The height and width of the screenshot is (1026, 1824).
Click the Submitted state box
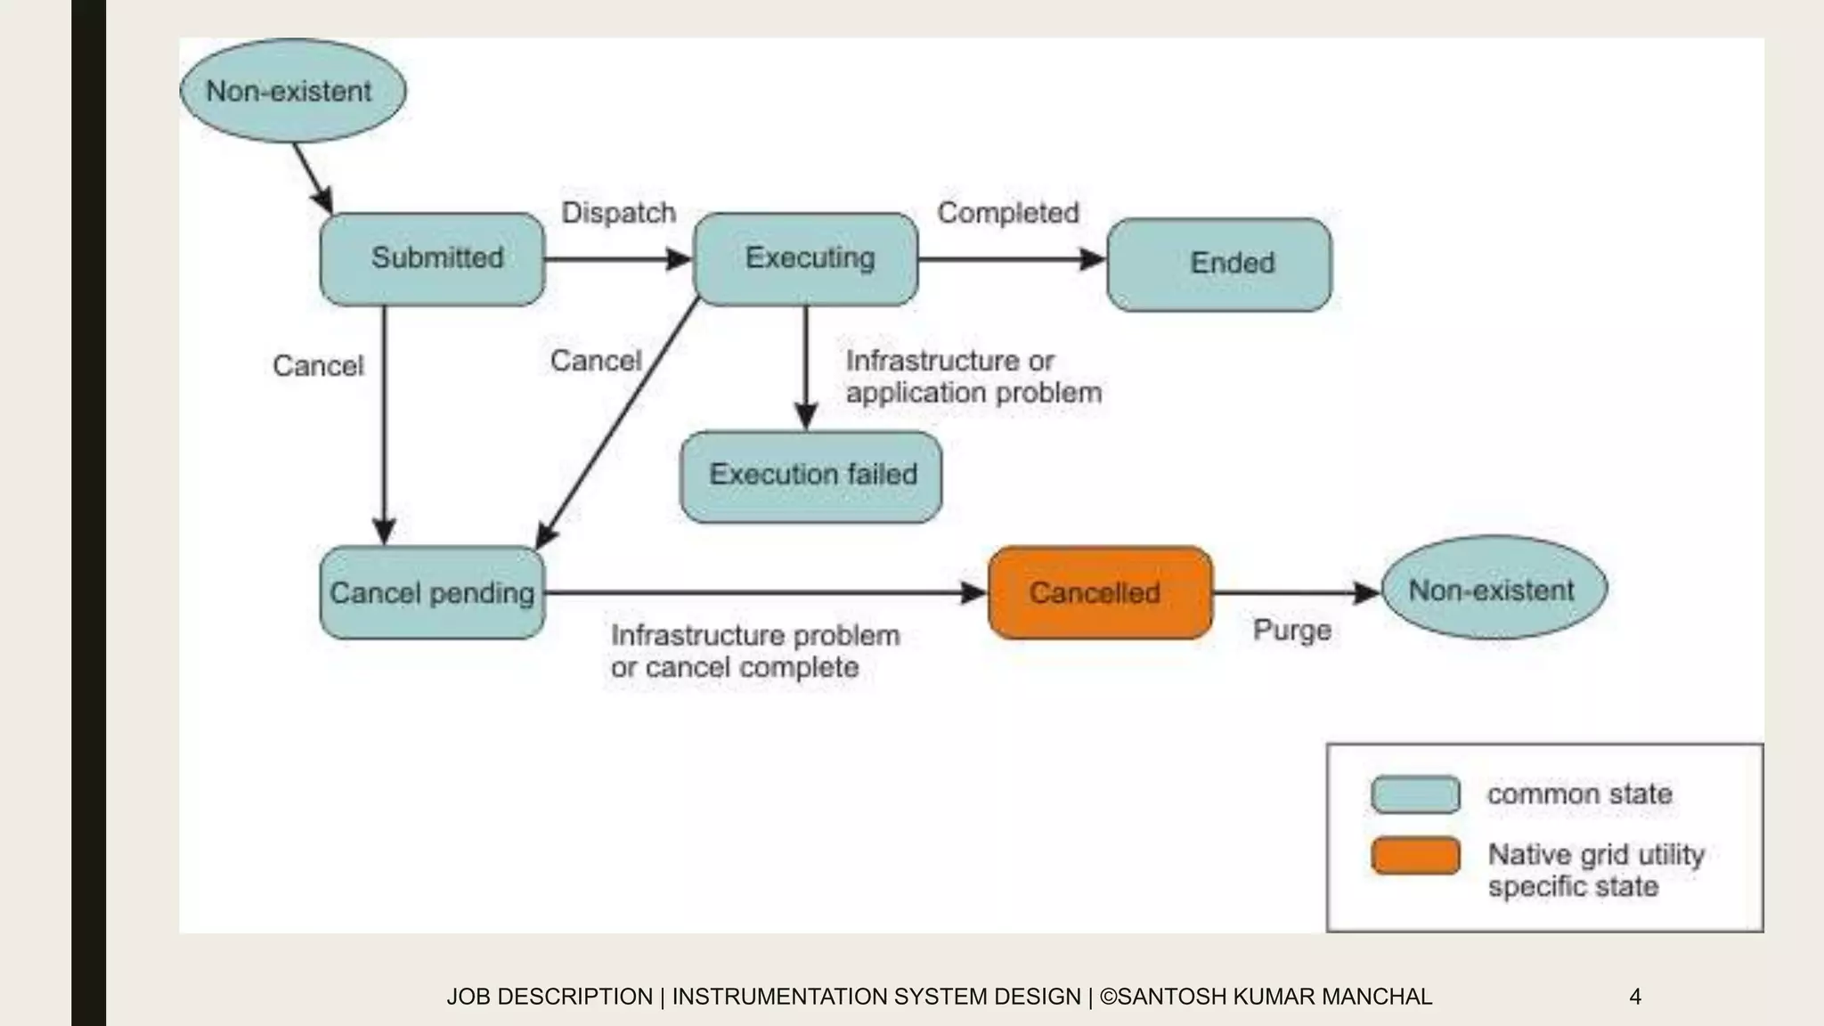coord(432,259)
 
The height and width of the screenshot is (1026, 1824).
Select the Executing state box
coord(806,259)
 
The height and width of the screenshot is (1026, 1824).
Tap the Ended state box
coord(1219,265)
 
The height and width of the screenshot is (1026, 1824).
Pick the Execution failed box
coord(810,476)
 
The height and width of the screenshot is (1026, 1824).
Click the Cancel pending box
coord(432,593)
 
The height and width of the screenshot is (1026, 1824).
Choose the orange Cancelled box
coord(1101,593)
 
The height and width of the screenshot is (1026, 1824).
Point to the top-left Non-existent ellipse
coord(293,91)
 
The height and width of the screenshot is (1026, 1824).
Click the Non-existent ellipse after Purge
coord(1494,589)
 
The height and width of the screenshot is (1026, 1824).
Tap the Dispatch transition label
coord(619,213)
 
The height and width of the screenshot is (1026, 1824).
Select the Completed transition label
coord(1008,213)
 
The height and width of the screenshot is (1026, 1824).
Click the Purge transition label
coord(1291,630)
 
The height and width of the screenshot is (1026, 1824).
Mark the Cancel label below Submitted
coord(318,366)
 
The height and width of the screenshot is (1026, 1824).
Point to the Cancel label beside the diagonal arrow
coord(596,361)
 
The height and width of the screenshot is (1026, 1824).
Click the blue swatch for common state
coord(1415,794)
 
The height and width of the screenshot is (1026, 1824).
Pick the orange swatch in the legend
coord(1415,856)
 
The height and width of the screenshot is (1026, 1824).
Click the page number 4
coord(1634,997)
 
